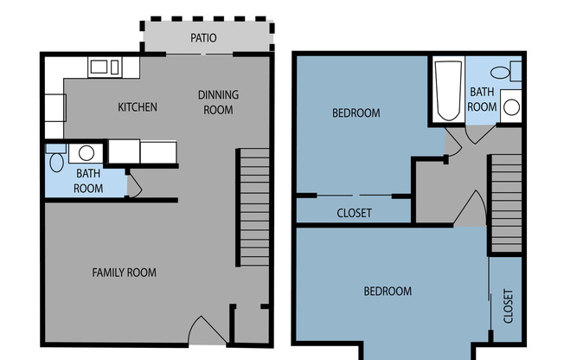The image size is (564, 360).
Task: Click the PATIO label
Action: click(203, 38)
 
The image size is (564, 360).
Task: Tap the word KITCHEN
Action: click(138, 107)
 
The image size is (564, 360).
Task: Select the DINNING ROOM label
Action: click(218, 102)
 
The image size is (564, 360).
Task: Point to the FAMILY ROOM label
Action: click(124, 273)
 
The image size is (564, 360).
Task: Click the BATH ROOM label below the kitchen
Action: click(87, 181)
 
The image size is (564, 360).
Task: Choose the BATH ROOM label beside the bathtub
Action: click(482, 99)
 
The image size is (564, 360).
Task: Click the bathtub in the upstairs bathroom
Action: click(447, 92)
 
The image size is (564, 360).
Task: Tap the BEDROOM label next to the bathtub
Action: click(356, 113)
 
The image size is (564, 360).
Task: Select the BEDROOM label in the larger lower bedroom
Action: click(388, 292)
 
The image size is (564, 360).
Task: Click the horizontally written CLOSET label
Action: click(353, 213)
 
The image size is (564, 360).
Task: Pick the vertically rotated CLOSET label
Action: click(508, 305)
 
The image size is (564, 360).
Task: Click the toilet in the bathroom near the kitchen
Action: click(56, 160)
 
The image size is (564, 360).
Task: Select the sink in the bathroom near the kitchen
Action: click(86, 154)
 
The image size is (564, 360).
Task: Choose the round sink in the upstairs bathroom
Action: click(511, 107)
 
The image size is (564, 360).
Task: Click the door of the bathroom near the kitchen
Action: click(133, 184)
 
